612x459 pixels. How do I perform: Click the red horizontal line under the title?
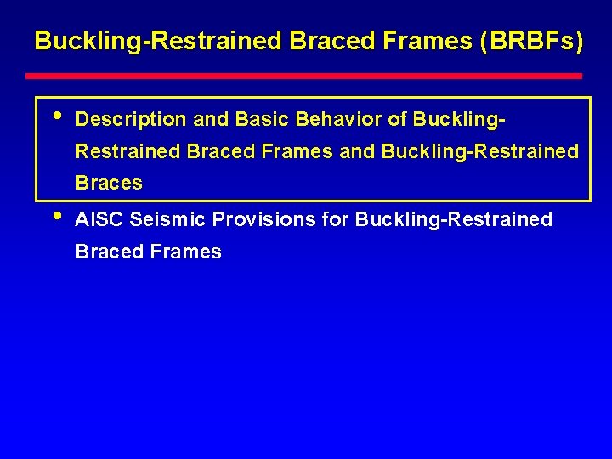[308, 76]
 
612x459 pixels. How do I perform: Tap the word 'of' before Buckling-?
[397, 120]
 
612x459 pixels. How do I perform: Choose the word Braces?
[109, 184]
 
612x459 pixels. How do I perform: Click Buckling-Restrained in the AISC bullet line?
[454, 220]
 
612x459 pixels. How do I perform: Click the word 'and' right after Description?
[212, 120]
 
